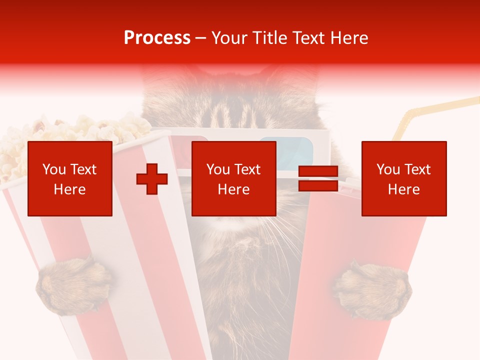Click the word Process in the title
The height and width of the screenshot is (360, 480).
tap(157, 38)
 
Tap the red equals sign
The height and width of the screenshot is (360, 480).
tap(318, 179)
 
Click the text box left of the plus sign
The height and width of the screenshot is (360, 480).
tap(70, 179)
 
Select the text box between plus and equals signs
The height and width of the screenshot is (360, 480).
tap(234, 179)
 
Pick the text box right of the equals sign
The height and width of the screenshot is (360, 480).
tap(404, 179)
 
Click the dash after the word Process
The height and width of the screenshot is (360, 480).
tap(201, 38)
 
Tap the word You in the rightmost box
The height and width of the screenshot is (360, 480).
tap(388, 169)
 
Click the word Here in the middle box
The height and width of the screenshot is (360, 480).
tap(234, 189)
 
